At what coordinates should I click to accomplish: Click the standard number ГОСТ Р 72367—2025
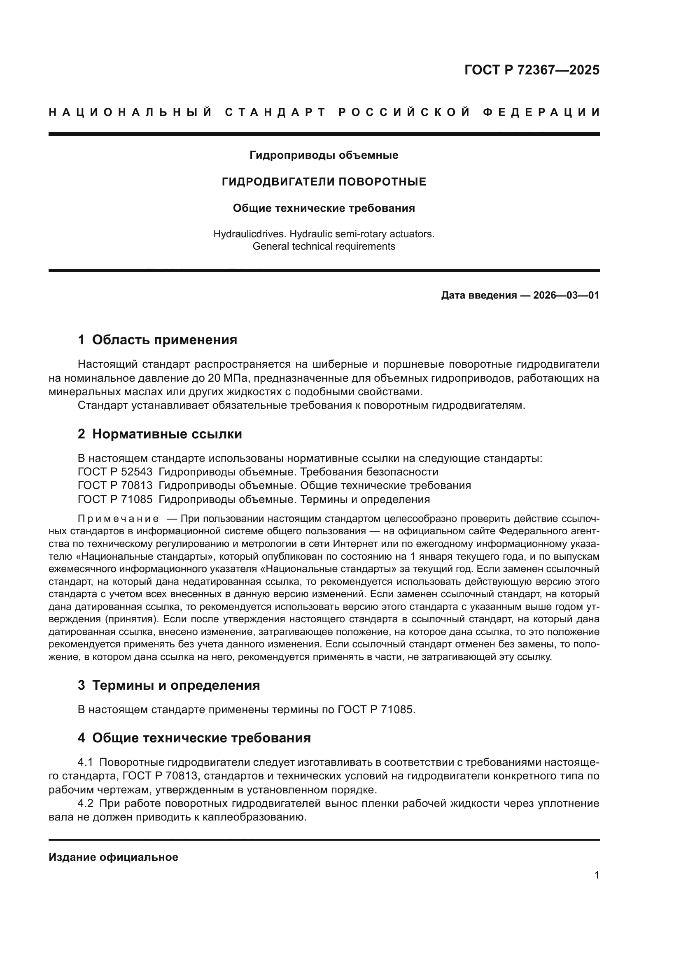tap(532, 70)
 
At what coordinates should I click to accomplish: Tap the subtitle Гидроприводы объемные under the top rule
tap(324, 155)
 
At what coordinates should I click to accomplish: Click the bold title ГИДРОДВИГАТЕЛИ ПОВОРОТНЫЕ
tap(324, 182)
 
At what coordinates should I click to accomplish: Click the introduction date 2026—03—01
tap(566, 295)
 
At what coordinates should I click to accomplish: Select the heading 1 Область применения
tap(157, 340)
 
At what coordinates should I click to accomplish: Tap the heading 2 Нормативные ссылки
tap(160, 434)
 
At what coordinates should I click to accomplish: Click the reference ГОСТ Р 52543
tap(115, 472)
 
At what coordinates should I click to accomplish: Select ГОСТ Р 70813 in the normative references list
tap(115, 486)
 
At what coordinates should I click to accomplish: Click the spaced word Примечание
tap(118, 519)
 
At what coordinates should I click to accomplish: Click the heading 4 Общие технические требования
tap(194, 738)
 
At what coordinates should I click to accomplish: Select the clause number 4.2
tap(86, 804)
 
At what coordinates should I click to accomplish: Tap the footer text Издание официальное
tap(113, 857)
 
